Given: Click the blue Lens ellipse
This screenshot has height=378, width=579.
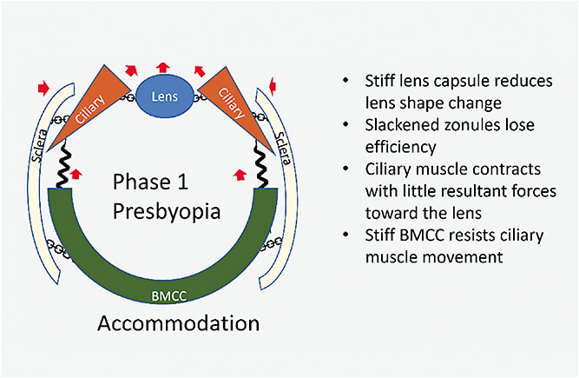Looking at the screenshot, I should click(x=163, y=96).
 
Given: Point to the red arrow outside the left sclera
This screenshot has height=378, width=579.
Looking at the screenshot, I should click(x=40, y=87).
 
